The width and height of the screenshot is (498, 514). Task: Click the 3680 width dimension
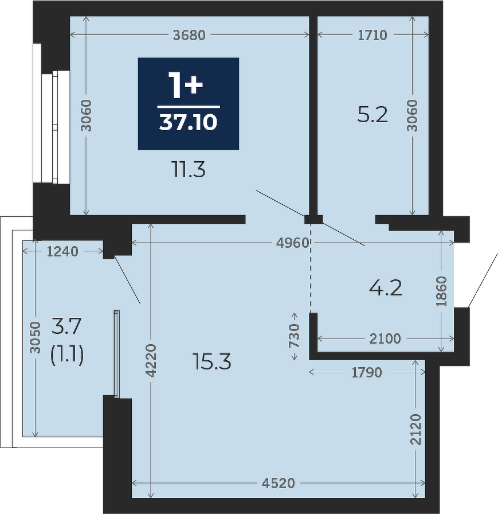[189, 35]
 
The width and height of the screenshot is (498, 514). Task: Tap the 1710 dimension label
[372, 35]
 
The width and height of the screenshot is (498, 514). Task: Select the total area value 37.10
[189, 123]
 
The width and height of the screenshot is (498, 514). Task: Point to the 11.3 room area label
[189, 170]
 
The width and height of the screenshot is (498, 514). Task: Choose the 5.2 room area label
[372, 115]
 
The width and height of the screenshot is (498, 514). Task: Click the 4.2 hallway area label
[385, 289]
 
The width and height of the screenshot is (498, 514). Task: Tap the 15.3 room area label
[213, 362]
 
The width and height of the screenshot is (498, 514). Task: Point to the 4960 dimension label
[293, 243]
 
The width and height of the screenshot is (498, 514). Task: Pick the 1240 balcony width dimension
[62, 251]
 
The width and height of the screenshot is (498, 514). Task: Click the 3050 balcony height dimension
[35, 338]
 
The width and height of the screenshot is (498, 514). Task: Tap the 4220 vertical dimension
[151, 360]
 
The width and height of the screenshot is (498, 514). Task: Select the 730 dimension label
[295, 336]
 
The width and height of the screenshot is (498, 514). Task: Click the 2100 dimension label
[385, 338]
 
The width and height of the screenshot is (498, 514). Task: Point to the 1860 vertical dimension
[442, 291]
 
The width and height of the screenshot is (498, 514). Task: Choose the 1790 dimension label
[367, 372]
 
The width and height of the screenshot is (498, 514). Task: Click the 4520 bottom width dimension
[279, 483]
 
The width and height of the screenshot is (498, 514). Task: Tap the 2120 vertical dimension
[415, 430]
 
